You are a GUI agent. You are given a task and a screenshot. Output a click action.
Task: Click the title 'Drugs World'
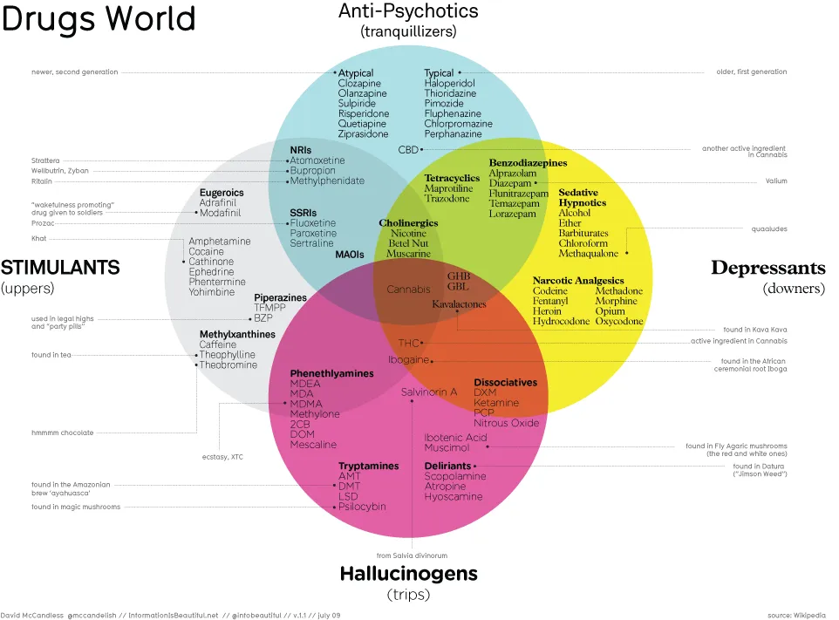(99, 19)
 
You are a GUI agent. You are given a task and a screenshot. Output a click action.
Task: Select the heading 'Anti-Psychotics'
(408, 10)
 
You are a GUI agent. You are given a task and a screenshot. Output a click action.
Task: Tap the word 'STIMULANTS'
(60, 267)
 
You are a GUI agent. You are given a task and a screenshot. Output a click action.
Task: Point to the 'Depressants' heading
(767, 267)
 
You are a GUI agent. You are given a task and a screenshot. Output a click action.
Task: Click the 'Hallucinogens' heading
(408, 574)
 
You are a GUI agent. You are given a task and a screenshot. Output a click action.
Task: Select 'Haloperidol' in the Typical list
(449, 84)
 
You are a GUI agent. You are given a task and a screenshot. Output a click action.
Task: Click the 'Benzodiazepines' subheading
(528, 163)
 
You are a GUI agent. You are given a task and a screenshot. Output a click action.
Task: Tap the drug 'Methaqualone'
(588, 254)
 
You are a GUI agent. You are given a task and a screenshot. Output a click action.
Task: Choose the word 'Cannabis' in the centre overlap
(409, 289)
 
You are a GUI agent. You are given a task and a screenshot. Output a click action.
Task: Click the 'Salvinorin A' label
(429, 392)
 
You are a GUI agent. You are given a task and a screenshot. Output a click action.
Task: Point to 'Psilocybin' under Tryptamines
(362, 507)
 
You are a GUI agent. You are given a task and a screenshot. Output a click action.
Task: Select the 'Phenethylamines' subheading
(331, 373)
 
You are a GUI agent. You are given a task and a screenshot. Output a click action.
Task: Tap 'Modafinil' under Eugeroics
(220, 213)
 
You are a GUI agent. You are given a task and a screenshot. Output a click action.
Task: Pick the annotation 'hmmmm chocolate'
(62, 433)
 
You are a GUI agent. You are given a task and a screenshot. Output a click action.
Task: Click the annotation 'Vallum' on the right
(776, 181)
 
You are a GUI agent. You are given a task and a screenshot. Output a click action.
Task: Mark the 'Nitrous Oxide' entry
(507, 423)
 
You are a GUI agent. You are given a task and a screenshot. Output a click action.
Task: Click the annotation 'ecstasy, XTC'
(222, 456)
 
